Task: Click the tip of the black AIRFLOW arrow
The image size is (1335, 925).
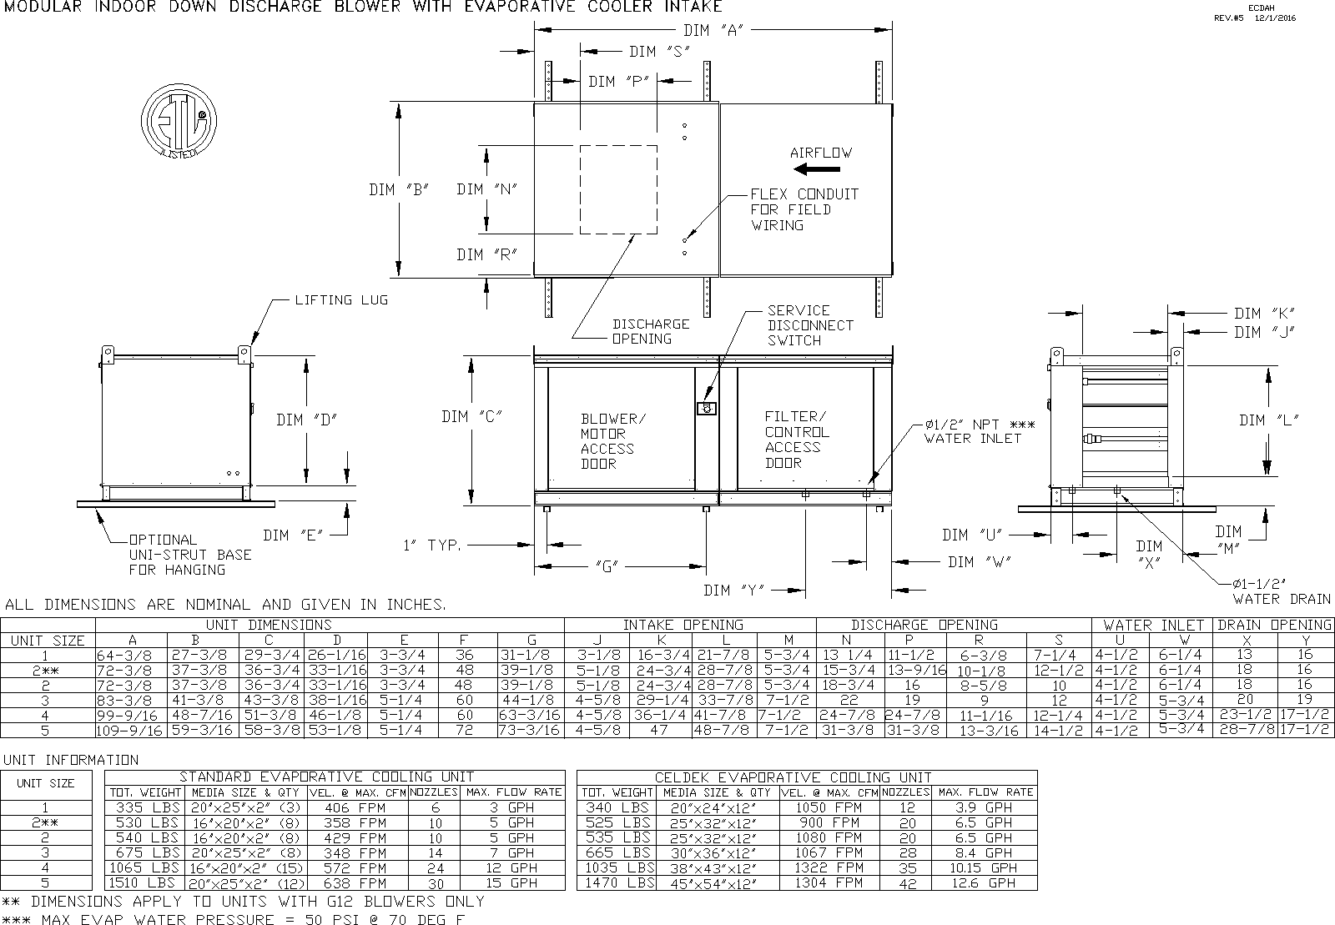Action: [794, 169]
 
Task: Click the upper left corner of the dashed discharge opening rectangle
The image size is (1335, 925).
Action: [581, 146]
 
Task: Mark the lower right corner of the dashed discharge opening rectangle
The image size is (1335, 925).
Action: [657, 234]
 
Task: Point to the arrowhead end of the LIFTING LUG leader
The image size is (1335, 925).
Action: [251, 344]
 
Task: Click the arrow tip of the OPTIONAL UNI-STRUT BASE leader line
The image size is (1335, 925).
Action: [97, 510]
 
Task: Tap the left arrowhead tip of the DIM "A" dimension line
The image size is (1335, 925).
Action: [535, 29]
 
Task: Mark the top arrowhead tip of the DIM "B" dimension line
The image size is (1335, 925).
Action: [399, 103]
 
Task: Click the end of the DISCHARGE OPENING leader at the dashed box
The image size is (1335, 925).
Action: [633, 234]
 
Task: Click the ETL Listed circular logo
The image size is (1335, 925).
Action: [179, 122]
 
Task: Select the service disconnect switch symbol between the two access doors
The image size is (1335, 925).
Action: [706, 408]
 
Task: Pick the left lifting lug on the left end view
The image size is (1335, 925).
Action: [108, 354]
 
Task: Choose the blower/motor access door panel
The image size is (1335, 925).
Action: [621, 428]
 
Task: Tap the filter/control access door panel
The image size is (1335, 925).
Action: [805, 428]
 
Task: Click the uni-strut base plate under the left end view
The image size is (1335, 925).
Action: [176, 505]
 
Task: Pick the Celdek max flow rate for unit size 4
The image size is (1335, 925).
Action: [984, 867]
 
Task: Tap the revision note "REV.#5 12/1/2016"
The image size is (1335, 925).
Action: [1255, 18]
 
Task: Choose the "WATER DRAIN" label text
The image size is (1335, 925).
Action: [1282, 599]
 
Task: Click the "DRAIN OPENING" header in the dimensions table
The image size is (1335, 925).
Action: [1274, 626]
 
